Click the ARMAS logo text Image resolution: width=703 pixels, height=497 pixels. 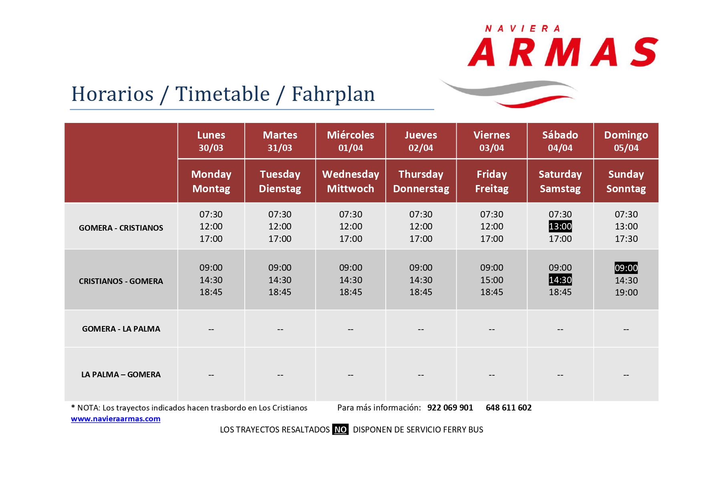pyautogui.click(x=563, y=52)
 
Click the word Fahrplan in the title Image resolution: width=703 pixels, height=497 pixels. pyautogui.click(x=333, y=95)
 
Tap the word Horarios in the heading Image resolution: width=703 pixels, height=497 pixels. pyautogui.click(x=113, y=95)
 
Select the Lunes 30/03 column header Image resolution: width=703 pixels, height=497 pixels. pyautogui.click(x=211, y=141)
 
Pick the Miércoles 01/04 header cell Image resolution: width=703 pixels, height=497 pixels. pyautogui.click(x=350, y=141)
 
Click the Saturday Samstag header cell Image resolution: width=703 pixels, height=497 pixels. pyautogui.click(x=560, y=181)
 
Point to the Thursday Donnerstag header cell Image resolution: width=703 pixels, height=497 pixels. pyautogui.click(x=421, y=181)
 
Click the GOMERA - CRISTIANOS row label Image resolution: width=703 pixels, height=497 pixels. pyautogui.click(x=121, y=228)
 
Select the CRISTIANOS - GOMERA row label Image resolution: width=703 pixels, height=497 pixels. pyautogui.click(x=121, y=281)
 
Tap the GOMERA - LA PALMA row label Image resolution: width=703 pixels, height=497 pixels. pyautogui.click(x=121, y=329)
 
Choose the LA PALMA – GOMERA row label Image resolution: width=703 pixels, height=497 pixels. pyautogui.click(x=121, y=374)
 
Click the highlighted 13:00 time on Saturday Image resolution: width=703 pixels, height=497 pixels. pyautogui.click(x=560, y=226)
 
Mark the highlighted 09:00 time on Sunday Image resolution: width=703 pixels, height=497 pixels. pyautogui.click(x=626, y=268)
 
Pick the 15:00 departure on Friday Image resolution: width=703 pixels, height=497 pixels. pyautogui.click(x=491, y=280)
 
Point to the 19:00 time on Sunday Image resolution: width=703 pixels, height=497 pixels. pyautogui.click(x=626, y=292)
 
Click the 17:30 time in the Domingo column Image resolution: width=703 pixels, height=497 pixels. pyautogui.click(x=626, y=239)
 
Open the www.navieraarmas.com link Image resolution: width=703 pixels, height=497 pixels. pyautogui.click(x=116, y=419)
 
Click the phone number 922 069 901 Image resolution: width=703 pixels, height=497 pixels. pyautogui.click(x=450, y=408)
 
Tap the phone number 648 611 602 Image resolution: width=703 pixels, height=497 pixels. pyautogui.click(x=509, y=408)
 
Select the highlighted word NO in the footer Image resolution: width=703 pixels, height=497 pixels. pyautogui.click(x=340, y=430)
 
